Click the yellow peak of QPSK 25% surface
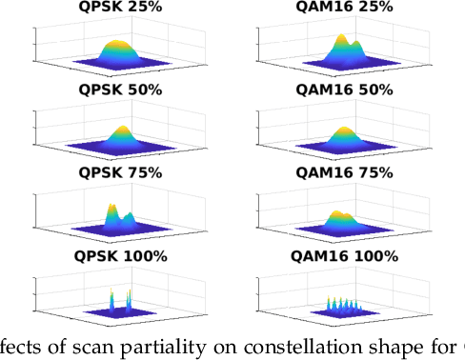115,45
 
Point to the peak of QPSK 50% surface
122,130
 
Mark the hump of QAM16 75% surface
336,214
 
